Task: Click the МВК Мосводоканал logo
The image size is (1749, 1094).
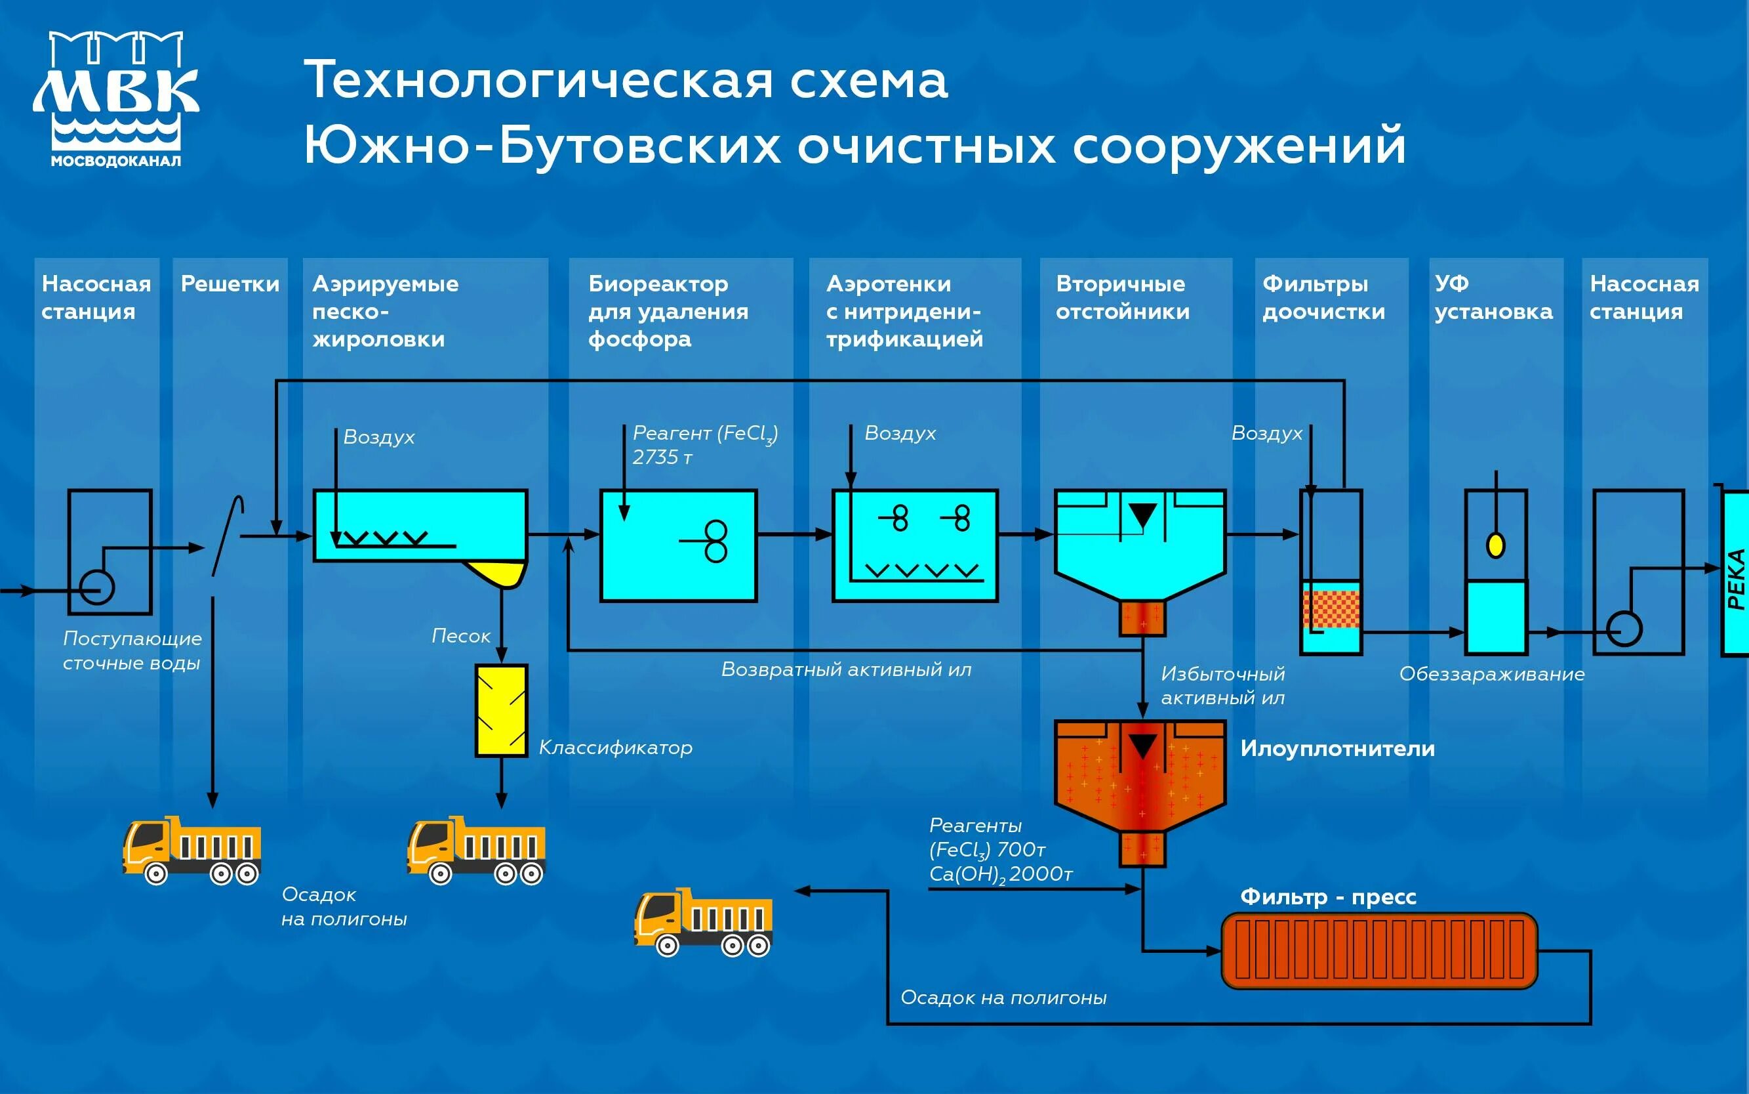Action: [115, 99]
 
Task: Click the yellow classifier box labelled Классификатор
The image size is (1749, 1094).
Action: [501, 711]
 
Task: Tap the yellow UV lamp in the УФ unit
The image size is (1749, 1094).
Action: [1495, 544]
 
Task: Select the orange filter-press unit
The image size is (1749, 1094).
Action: [1379, 950]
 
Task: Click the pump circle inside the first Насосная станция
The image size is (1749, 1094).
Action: [97, 586]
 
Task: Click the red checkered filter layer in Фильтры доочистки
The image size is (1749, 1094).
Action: [1331, 609]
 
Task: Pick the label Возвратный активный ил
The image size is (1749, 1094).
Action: [846, 669]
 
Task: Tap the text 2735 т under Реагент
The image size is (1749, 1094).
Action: [662, 457]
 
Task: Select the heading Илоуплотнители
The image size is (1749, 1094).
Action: [1337, 748]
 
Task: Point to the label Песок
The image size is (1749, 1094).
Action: [460, 636]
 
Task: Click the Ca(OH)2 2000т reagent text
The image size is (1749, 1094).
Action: [1000, 874]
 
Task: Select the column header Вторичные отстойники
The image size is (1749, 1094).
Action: [1122, 297]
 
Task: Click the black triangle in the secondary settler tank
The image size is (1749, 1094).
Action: [1142, 515]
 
